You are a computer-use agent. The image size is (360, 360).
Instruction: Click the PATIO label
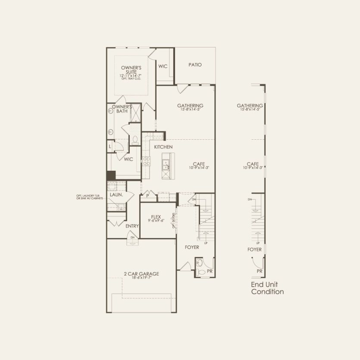point(195,65)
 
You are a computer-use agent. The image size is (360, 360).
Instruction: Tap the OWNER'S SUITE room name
point(131,70)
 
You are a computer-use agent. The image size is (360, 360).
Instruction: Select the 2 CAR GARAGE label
point(141,273)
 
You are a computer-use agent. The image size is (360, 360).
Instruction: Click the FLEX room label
point(156,216)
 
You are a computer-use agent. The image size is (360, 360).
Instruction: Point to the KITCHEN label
point(163,147)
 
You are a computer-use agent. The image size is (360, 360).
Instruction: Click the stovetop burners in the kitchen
point(146,161)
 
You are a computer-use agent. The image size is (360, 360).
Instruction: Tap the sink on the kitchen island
point(166,163)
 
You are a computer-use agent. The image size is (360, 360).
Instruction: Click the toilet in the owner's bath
point(134,139)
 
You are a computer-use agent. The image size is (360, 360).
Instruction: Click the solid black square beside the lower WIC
point(111,175)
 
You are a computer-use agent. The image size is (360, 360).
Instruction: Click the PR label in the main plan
point(210,272)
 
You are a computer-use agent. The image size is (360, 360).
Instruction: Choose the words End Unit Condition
point(267,288)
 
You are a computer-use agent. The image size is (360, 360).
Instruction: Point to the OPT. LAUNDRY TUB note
point(90,197)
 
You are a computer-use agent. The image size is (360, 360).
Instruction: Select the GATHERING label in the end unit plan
point(250,106)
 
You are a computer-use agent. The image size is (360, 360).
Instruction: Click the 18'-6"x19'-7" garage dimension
point(141,279)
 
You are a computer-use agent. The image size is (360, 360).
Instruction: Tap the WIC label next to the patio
point(163,66)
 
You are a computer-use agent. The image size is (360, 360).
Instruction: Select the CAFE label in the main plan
point(199,164)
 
